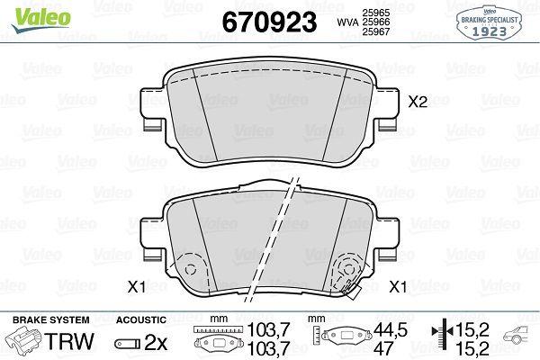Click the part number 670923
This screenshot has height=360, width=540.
pyautogui.click(x=269, y=22)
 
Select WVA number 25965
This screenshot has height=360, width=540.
pyautogui.click(x=375, y=13)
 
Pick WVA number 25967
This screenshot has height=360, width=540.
pyautogui.click(x=375, y=31)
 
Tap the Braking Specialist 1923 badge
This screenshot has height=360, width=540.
pyautogui.click(x=489, y=22)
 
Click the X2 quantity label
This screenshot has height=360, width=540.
pyautogui.click(x=418, y=102)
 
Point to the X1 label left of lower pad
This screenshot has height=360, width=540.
pyautogui.click(x=137, y=286)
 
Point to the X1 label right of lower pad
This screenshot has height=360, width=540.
pyautogui.click(x=398, y=286)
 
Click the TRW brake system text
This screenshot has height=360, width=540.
pyautogui.click(x=69, y=341)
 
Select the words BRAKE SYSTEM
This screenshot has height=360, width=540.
pyautogui.click(x=51, y=319)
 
